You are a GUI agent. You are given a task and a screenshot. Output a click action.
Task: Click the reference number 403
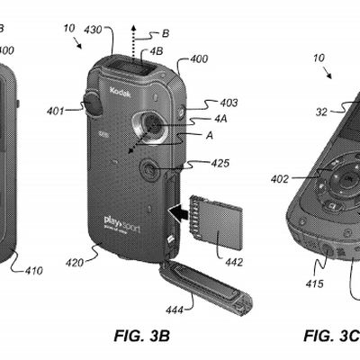point(229,104)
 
